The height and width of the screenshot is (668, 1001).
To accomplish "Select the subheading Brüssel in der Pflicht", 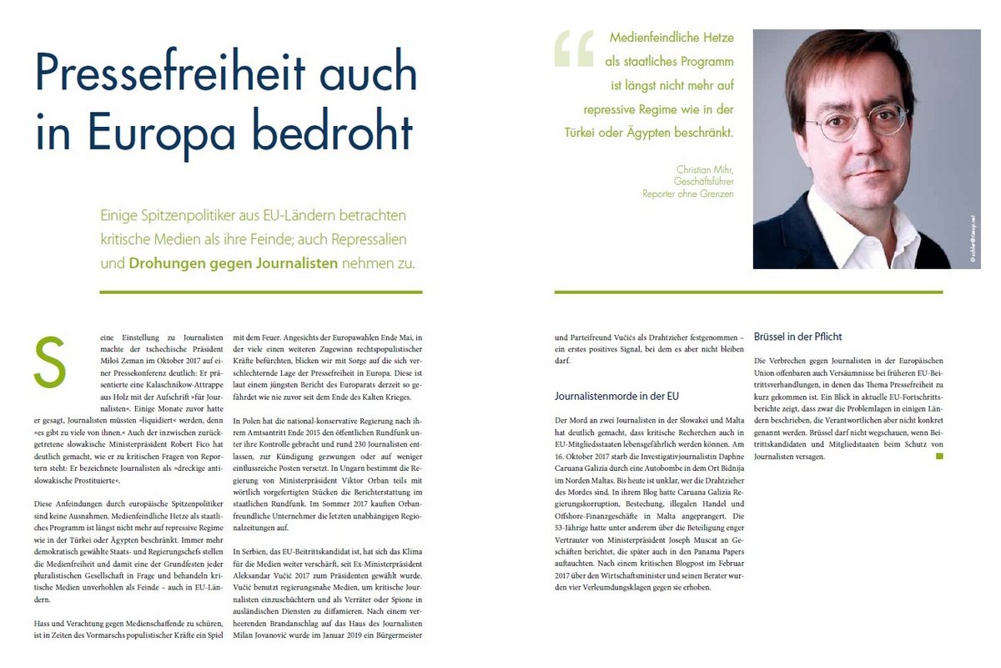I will coord(797,337).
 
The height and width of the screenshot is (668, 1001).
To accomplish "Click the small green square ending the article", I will coord(939,456).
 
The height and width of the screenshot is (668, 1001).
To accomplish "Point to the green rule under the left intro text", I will coord(260,292).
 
